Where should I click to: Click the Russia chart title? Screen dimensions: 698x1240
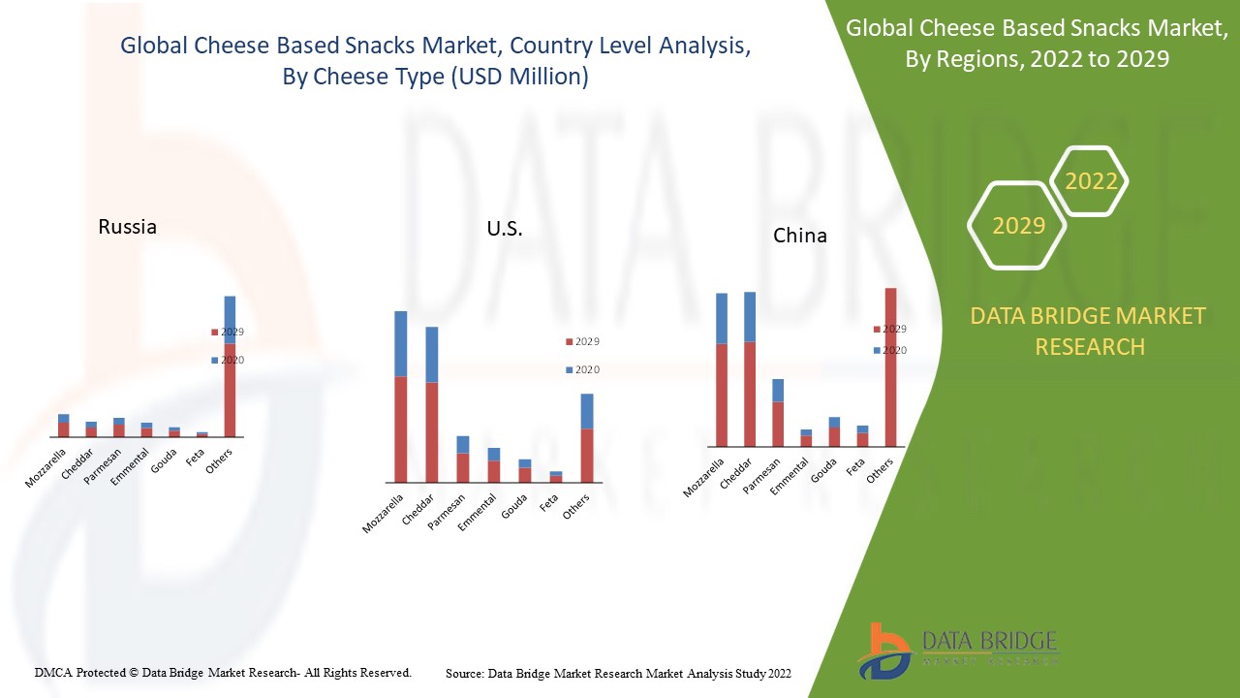pyautogui.click(x=127, y=227)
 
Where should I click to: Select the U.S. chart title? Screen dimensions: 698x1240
pyautogui.click(x=505, y=229)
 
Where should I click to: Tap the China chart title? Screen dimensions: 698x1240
pyautogui.click(x=800, y=236)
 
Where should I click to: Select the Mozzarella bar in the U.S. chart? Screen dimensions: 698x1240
pyautogui.click(x=400, y=397)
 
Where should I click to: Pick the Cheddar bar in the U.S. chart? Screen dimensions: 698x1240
pyautogui.click(x=431, y=405)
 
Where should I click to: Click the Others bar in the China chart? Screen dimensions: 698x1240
pyautogui.click(x=890, y=367)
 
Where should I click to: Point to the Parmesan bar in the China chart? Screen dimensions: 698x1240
pyautogui.click(x=778, y=413)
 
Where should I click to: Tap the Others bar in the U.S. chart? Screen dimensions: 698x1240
pyautogui.click(x=586, y=438)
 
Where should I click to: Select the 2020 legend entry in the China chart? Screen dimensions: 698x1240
pyautogui.click(x=889, y=350)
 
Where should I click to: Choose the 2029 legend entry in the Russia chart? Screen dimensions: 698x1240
pyautogui.click(x=228, y=332)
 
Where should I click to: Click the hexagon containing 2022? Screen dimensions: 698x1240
pyautogui.click(x=1091, y=181)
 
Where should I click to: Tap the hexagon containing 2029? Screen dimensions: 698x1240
pyautogui.click(x=1018, y=226)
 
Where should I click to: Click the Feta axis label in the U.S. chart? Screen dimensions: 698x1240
pyautogui.click(x=547, y=504)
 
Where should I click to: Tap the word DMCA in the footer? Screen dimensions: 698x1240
pyautogui.click(x=53, y=672)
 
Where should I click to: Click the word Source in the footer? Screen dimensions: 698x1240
pyautogui.click(x=464, y=673)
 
